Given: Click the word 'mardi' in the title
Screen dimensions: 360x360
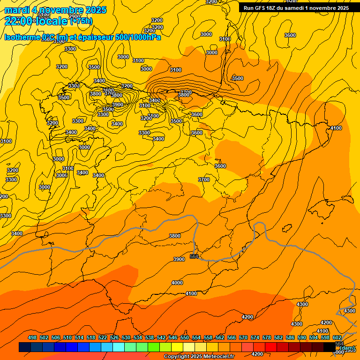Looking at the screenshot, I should (x=17, y=10).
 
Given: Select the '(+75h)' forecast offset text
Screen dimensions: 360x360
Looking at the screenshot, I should (x=81, y=21).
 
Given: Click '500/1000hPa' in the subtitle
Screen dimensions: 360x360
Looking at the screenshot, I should (x=138, y=37).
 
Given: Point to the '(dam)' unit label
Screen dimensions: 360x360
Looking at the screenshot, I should (x=347, y=348).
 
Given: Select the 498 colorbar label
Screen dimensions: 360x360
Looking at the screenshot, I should (x=32, y=337).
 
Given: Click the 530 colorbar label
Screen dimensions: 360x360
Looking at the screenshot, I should (x=126, y=337).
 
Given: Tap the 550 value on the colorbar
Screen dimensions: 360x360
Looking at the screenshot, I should (x=185, y=337).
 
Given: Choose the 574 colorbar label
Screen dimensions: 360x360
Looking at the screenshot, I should (x=255, y=337).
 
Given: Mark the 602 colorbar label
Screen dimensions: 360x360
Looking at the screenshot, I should (x=337, y=337).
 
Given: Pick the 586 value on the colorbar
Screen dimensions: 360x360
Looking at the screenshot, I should (x=290, y=337).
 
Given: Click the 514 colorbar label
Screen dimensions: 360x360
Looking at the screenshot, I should (x=79, y=337).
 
